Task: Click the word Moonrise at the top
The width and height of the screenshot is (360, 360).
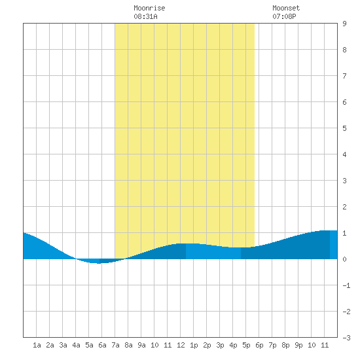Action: click(x=149, y=8)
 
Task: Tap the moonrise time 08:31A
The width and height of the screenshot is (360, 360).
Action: click(x=145, y=16)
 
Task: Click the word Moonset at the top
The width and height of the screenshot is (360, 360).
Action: click(x=286, y=8)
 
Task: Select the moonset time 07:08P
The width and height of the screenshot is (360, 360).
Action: click(x=284, y=16)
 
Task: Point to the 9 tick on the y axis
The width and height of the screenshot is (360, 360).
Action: click(x=344, y=24)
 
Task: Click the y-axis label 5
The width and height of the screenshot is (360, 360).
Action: click(x=344, y=128)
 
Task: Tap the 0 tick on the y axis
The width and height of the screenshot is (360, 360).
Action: click(x=344, y=259)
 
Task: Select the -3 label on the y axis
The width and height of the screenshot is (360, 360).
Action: click(x=346, y=338)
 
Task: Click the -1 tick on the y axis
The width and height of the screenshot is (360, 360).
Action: click(x=346, y=285)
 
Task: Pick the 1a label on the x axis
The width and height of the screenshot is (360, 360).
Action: click(x=37, y=345)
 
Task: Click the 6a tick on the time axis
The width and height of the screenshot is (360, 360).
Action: click(x=102, y=345)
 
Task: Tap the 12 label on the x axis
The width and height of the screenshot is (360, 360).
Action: click(x=181, y=345)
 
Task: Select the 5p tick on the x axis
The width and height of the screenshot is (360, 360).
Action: click(x=246, y=345)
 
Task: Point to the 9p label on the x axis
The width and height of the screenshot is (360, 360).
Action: click(x=298, y=345)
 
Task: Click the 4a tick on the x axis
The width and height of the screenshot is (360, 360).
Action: click(x=76, y=345)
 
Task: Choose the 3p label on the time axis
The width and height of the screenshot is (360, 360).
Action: click(x=220, y=345)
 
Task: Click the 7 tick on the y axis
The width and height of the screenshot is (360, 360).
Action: click(x=344, y=76)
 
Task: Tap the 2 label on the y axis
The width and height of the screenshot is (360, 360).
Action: click(x=344, y=207)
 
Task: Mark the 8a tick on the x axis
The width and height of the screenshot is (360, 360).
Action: click(x=128, y=345)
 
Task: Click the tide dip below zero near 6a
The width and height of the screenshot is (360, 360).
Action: click(x=99, y=261)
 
